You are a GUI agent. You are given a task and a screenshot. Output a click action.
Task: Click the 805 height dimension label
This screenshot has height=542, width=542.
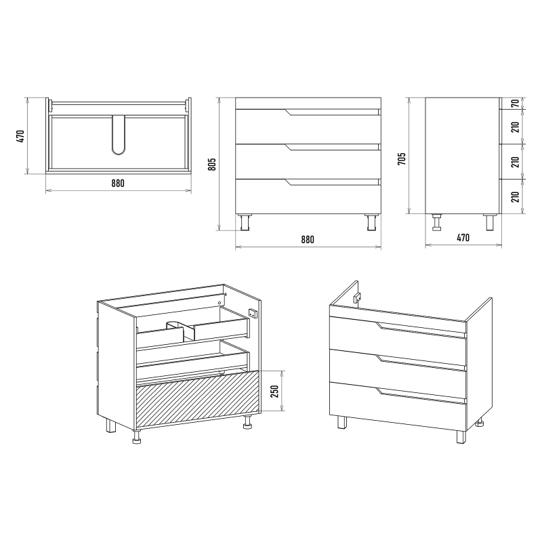212,164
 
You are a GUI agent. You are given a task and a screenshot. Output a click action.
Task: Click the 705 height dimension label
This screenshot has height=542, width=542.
402,159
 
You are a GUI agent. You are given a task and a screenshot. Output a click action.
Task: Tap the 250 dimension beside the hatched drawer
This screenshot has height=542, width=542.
274,392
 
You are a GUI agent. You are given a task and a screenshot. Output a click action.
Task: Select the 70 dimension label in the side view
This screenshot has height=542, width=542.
516,104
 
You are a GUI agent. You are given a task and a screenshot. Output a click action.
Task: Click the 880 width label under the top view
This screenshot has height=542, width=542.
118,183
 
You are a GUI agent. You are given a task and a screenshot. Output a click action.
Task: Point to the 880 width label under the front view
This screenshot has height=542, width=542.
308,240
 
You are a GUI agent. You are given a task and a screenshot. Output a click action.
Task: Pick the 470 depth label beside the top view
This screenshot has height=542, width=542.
20,136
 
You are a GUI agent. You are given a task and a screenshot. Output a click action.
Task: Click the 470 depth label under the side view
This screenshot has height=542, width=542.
463,238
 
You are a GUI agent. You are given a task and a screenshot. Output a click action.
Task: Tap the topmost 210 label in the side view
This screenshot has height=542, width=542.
516,127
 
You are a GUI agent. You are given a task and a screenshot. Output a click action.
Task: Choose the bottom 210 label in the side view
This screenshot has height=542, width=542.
516,196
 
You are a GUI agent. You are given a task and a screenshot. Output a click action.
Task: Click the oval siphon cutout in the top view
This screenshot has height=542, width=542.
118,135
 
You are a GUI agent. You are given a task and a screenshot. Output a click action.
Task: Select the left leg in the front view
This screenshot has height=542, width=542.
245,222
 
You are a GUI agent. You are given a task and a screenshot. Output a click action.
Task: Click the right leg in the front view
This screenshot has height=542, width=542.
372,222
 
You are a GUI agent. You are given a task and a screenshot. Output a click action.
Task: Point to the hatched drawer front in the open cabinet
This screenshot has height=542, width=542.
198,398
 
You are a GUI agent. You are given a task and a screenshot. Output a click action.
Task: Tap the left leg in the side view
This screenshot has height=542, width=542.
437,222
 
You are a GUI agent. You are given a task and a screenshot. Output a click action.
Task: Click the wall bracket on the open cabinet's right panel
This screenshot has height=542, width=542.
253,313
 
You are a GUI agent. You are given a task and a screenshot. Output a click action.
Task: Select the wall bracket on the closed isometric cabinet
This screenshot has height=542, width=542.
357,297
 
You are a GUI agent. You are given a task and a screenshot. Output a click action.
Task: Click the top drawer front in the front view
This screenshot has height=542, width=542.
308,127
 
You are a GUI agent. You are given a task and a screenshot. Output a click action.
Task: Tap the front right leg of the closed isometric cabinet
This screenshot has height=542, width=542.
461,437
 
